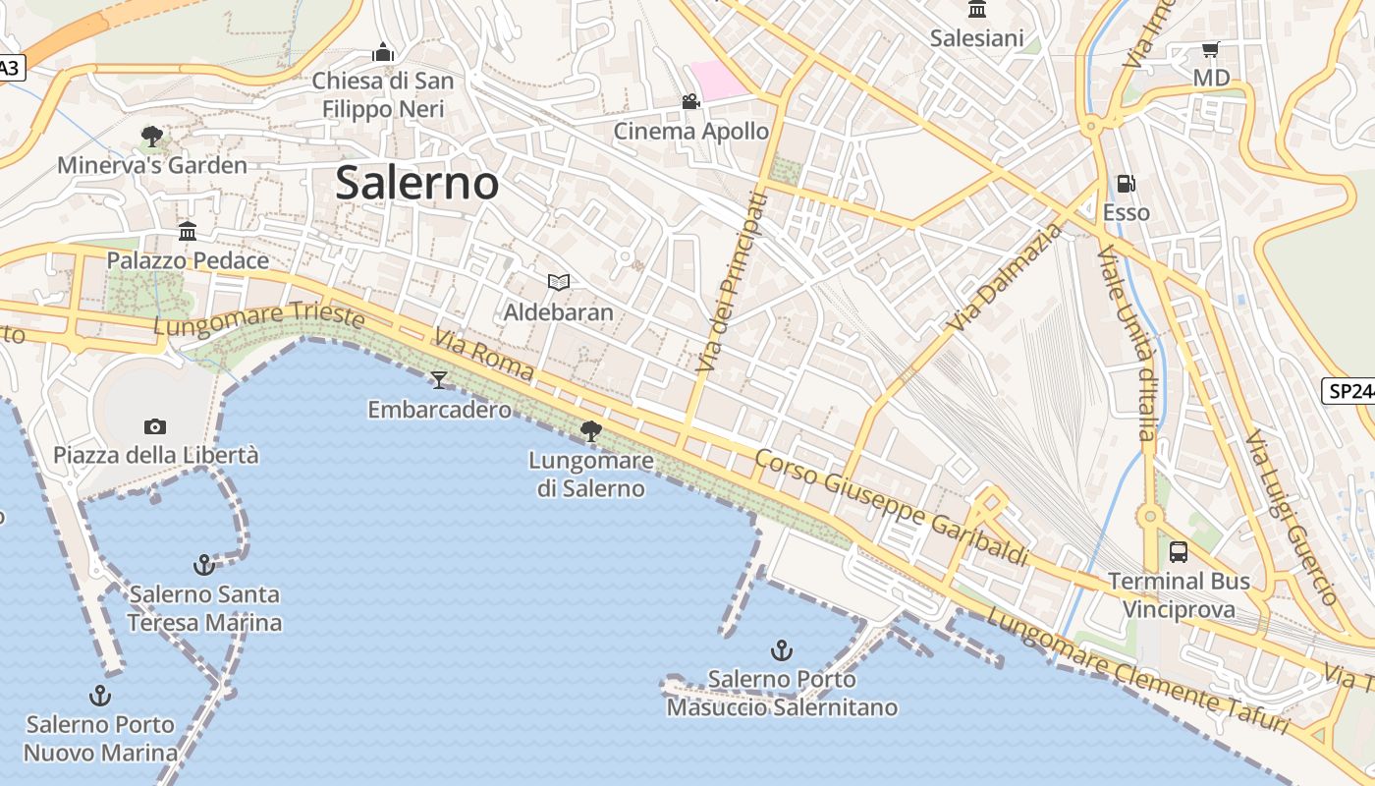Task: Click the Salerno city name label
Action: click(x=417, y=184)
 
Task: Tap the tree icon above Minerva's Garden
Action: click(x=152, y=136)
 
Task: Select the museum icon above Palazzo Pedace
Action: click(x=188, y=232)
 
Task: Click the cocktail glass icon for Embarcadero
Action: click(x=439, y=379)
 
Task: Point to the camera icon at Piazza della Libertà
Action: click(x=155, y=426)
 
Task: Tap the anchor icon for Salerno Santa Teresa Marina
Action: click(x=204, y=565)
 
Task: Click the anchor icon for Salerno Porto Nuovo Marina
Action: click(x=100, y=696)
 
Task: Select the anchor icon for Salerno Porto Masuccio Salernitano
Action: click(x=782, y=650)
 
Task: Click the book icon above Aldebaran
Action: click(x=559, y=283)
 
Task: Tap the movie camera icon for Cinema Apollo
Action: click(x=691, y=101)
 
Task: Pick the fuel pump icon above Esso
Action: click(x=1127, y=184)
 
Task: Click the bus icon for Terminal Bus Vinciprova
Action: click(x=1179, y=552)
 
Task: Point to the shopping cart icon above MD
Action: click(x=1211, y=49)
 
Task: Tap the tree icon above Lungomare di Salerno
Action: click(x=591, y=430)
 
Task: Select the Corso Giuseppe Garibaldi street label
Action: click(x=892, y=508)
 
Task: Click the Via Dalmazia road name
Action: click(x=1006, y=277)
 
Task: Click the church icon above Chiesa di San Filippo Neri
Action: click(x=383, y=51)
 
